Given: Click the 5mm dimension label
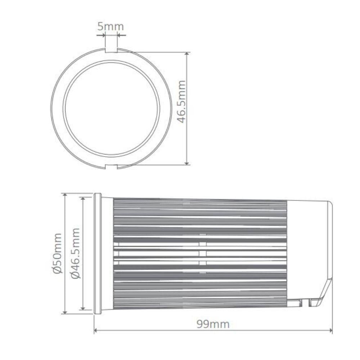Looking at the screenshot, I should tap(111, 26).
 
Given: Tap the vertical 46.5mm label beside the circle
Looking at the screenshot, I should tap(182, 102).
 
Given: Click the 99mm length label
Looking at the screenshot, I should tap(213, 324).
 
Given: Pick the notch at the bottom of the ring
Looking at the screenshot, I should tap(111, 166).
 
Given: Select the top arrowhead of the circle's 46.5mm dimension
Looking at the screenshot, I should tap(187, 54).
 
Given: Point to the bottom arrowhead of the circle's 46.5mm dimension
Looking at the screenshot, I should tap(187, 164).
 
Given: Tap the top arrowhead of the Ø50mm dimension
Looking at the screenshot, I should tap(65, 195).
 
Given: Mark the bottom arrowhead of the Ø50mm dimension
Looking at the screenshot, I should tap(65, 312).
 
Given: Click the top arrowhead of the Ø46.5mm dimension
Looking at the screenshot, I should tap(83, 198).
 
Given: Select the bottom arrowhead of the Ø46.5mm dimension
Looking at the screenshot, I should tap(83, 308).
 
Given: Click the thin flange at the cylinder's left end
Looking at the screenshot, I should tap(97, 253).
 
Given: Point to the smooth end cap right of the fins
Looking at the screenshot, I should tap(309, 248).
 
